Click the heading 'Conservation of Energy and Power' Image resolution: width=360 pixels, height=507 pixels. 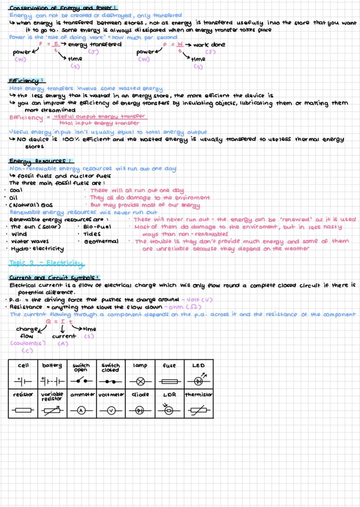coord(63,7)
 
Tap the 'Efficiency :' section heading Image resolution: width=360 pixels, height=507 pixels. coord(27,81)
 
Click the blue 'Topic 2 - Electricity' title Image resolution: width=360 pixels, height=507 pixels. coord(46,263)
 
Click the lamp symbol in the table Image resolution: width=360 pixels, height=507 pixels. coord(140,381)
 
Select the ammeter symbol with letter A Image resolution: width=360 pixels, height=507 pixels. coord(81,410)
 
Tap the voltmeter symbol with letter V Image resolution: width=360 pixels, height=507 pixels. coord(110,410)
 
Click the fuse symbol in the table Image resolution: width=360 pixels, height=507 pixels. coord(169,381)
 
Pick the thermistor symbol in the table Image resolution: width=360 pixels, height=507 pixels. coord(198,410)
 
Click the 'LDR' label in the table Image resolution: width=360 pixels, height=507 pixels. coord(169,395)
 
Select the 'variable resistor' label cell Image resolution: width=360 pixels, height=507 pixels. coord(52,396)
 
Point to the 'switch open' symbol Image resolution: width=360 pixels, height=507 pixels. coord(81,381)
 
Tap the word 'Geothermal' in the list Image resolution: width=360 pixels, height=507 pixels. coord(101,241)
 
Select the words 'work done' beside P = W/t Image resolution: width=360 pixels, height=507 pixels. coord(209,45)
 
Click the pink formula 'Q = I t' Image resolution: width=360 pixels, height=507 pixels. coord(57,321)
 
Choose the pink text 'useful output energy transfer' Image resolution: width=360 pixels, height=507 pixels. coord(100,116)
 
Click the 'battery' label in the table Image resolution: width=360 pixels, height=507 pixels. coord(52,365)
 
